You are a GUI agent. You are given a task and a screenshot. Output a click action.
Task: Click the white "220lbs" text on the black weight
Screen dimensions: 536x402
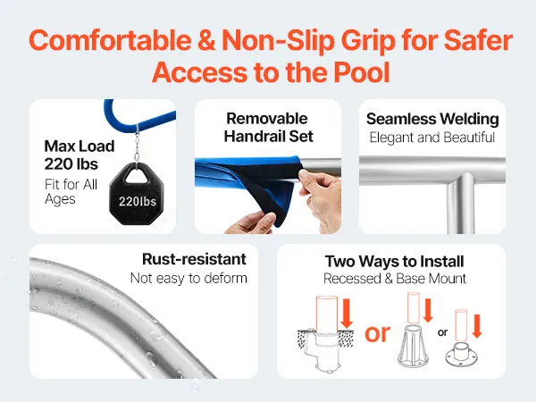(x=138, y=201)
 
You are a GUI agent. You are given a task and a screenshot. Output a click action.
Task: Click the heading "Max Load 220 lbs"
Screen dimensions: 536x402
(x=80, y=155)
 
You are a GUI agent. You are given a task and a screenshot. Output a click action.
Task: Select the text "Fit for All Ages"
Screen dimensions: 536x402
(x=71, y=191)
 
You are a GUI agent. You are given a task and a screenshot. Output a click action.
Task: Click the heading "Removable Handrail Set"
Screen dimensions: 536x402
(x=268, y=127)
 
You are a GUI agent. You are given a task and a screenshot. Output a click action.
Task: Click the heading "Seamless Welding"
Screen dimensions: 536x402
(x=432, y=119)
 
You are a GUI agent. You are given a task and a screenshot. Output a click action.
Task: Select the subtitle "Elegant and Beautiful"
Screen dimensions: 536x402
(x=432, y=138)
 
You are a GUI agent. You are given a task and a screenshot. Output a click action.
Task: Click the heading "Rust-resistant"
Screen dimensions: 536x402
(x=194, y=259)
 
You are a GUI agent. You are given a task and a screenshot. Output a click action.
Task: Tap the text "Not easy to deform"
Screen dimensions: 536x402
(x=188, y=278)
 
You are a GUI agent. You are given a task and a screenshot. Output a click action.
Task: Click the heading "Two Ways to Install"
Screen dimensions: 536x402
(x=395, y=262)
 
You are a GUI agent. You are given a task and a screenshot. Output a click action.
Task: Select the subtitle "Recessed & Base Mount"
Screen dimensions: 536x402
(x=395, y=279)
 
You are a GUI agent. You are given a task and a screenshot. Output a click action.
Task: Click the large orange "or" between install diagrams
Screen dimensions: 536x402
(x=377, y=333)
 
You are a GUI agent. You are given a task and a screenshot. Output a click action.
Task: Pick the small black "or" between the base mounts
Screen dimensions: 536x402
(x=442, y=332)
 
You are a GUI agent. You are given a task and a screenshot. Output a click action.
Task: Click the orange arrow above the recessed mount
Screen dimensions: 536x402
(x=347, y=314)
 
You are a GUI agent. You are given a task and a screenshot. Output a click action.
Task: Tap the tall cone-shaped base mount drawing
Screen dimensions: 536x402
(x=413, y=346)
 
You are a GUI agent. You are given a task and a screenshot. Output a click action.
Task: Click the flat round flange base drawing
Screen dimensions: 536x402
(x=461, y=354)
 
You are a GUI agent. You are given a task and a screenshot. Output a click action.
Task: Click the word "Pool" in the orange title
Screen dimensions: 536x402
(x=361, y=72)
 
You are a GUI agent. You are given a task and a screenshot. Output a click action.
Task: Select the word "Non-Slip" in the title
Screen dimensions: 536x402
(x=278, y=41)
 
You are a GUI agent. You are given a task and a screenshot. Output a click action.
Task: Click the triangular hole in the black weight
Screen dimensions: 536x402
(x=136, y=176)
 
